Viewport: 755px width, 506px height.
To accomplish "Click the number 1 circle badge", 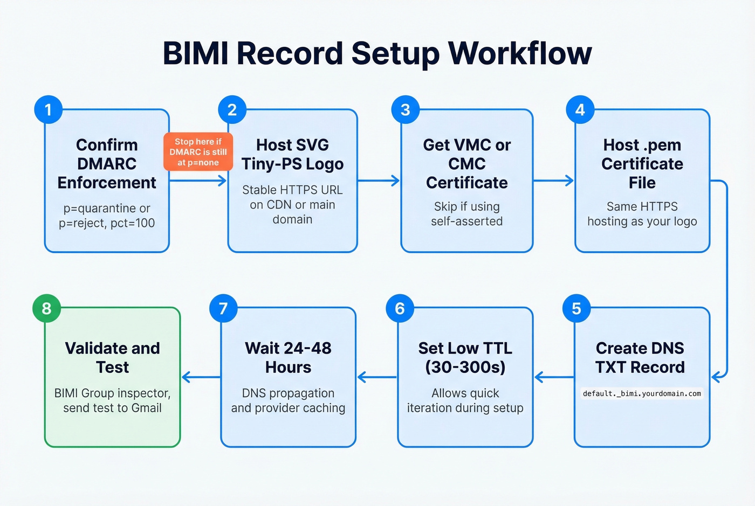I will click(48, 110).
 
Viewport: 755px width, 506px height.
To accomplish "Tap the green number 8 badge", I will click(47, 308).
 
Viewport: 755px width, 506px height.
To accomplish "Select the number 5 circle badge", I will click(576, 308).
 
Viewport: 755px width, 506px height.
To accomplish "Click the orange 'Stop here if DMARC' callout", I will click(198, 152).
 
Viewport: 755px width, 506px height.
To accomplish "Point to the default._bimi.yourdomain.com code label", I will click(642, 393).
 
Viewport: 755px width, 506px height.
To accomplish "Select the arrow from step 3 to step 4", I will click(553, 181).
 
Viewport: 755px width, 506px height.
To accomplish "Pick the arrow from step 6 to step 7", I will click(377, 377).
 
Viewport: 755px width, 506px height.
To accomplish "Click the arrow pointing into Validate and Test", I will click(201, 377).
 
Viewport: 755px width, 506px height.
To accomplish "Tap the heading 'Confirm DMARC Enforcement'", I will click(107, 164).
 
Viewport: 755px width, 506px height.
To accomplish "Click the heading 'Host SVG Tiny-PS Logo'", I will click(292, 154).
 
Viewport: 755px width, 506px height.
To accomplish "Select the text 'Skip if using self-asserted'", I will click(466, 214).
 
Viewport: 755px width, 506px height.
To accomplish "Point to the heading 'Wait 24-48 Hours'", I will click(288, 358).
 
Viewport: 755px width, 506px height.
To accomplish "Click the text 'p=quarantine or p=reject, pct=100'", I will click(107, 216).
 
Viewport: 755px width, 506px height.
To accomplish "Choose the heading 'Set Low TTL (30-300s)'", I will click(465, 358).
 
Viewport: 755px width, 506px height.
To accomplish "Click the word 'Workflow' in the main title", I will click(520, 53).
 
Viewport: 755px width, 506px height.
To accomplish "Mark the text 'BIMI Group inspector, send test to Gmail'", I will click(112, 400).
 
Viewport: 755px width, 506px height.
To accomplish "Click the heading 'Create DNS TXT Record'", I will click(640, 358).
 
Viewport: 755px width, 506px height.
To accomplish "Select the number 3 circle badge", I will click(406, 110).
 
